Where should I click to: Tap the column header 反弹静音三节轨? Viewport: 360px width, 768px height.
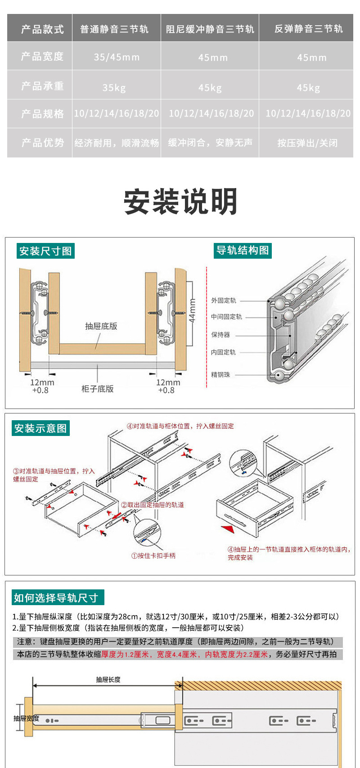click(309, 29)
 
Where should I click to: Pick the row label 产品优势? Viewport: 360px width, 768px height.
click(43, 143)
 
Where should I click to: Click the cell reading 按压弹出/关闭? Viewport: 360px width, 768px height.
click(307, 143)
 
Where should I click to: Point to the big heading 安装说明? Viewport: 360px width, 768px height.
click(180, 202)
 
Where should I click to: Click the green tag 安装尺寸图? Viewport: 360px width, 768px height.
click(45, 251)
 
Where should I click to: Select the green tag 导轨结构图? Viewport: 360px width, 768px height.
click(243, 251)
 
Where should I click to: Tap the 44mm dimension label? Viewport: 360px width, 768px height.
click(192, 310)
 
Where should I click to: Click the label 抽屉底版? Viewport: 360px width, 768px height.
click(101, 326)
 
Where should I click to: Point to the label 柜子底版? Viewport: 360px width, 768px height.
click(97, 389)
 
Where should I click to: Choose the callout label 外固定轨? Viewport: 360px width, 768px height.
click(224, 301)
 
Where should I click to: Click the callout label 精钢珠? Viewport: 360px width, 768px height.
click(220, 374)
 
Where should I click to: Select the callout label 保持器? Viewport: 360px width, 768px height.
click(220, 335)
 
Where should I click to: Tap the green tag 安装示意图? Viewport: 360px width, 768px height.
click(40, 428)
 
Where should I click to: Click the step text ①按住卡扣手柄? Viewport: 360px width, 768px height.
click(153, 556)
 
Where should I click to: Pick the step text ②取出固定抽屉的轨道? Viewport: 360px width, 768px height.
click(153, 505)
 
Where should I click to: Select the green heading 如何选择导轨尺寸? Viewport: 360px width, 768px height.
click(56, 598)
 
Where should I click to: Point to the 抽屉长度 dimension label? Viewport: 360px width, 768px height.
click(108, 679)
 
